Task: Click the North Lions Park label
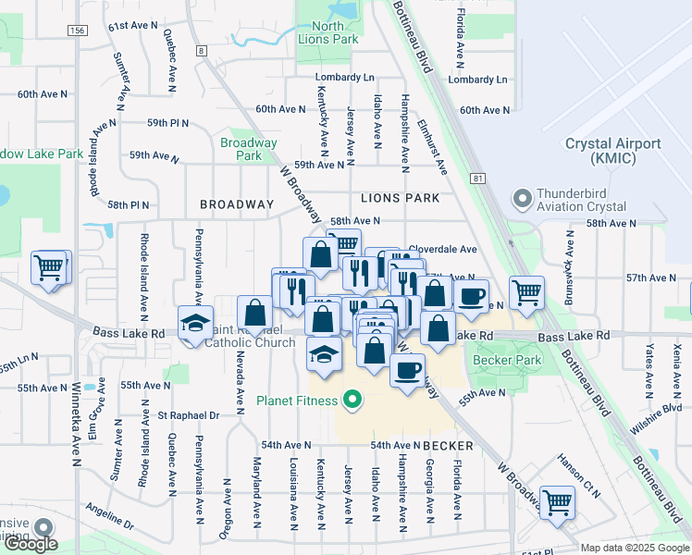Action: tap(328, 32)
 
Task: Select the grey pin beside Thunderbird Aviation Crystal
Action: tap(524, 199)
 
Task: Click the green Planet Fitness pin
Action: tap(352, 401)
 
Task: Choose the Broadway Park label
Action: tap(249, 149)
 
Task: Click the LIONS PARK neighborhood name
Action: tap(400, 198)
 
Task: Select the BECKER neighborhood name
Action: tap(449, 446)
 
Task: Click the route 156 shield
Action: tap(77, 31)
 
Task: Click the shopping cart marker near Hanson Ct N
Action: tap(557, 502)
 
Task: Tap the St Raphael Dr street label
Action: tap(188, 416)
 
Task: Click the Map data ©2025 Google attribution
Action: tap(635, 548)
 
